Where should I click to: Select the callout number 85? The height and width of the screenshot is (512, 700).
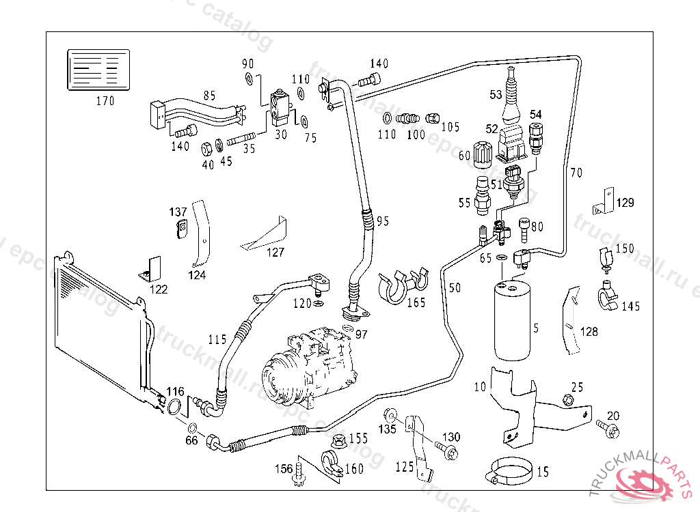point(210,95)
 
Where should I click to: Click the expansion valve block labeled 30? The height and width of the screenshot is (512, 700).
point(279,106)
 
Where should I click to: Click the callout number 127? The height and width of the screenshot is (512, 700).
point(275,252)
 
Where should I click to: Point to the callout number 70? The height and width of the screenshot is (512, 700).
point(576,173)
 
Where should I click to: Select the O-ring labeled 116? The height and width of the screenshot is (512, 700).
point(175,408)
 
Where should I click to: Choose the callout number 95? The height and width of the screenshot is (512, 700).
point(382,221)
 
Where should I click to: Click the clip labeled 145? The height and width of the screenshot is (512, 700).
point(607,294)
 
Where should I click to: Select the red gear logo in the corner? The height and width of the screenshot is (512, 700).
point(645,484)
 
